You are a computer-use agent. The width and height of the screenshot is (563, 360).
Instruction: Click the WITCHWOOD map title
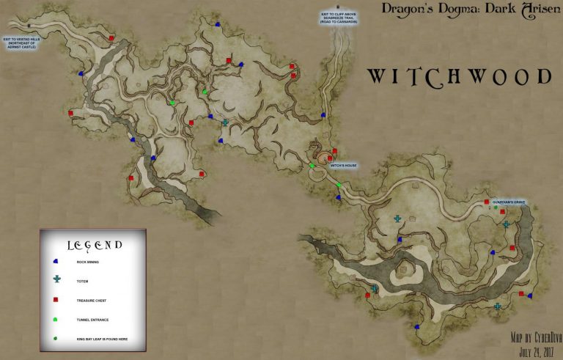(x=459, y=76)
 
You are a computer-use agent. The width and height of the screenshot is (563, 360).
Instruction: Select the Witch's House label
(x=342, y=165)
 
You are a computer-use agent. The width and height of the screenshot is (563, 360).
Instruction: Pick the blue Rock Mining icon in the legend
(x=56, y=261)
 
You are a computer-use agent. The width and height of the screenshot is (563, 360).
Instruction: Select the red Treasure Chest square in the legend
(x=56, y=300)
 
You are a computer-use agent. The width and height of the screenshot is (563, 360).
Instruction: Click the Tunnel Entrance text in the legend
(x=93, y=320)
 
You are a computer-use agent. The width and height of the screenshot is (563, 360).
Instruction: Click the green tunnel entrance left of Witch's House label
(x=312, y=166)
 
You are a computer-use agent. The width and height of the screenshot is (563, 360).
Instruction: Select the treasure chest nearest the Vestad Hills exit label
(x=111, y=37)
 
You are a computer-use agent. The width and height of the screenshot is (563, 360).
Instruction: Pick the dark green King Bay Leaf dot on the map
(x=496, y=208)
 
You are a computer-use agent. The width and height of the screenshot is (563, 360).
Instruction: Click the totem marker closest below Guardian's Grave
(x=506, y=224)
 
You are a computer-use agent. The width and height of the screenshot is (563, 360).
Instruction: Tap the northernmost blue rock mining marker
(x=218, y=24)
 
